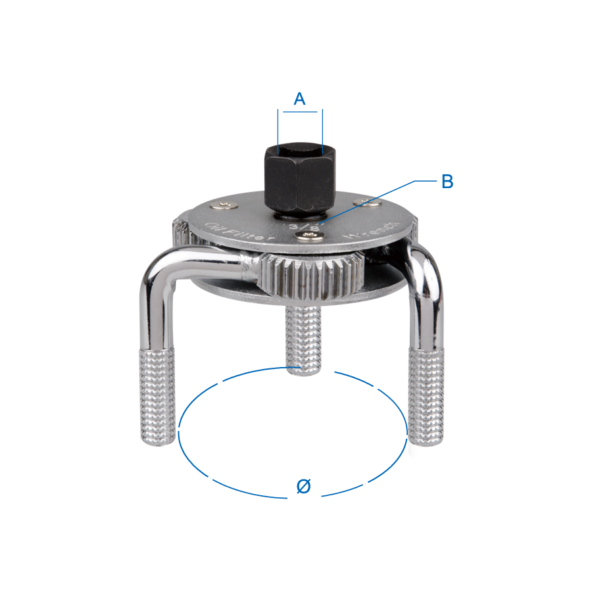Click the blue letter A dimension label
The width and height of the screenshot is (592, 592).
tap(299, 99)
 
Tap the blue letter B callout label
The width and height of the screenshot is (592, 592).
tap(447, 182)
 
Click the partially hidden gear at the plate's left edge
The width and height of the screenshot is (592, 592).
tap(180, 232)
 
